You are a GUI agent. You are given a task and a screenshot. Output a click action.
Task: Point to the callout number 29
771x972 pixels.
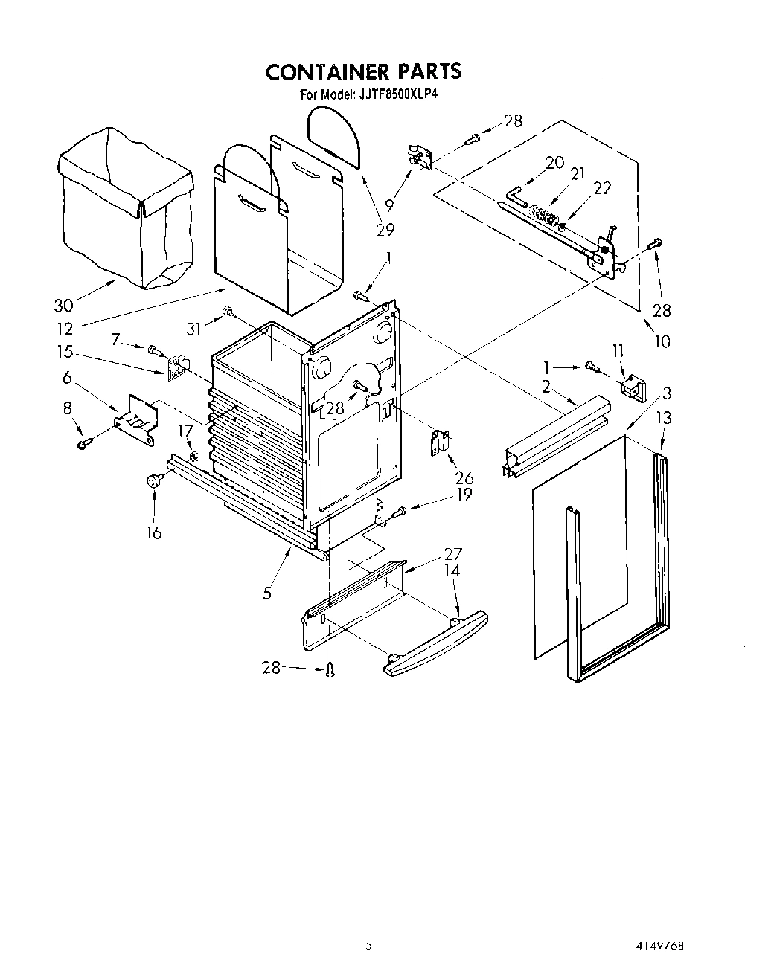(385, 229)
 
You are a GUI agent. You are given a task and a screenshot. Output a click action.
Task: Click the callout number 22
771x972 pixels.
(602, 188)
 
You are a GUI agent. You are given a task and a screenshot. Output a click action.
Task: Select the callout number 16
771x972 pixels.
(153, 532)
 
